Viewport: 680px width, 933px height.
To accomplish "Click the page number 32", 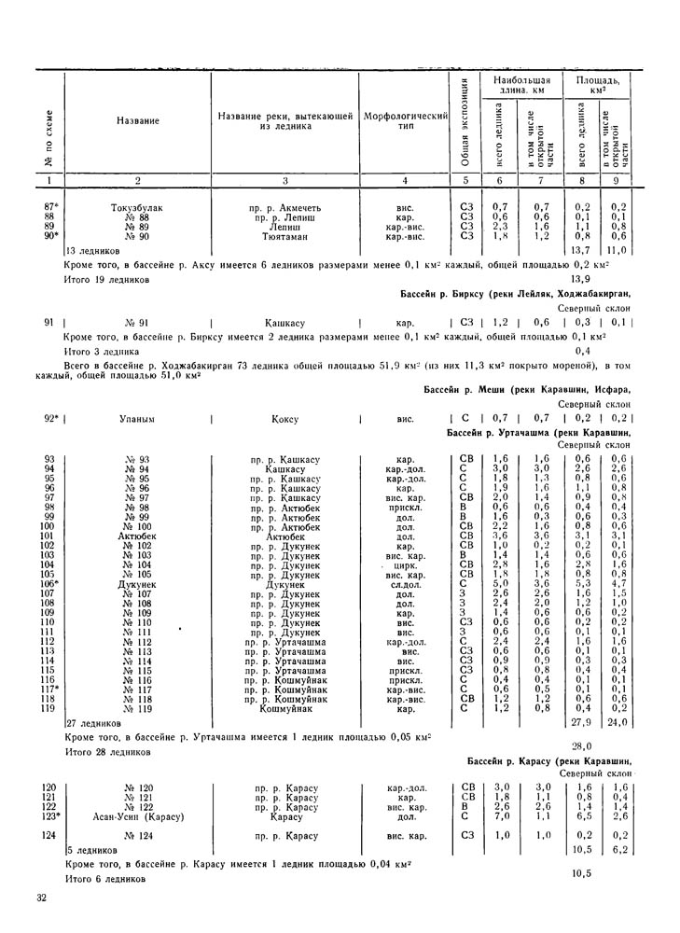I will click(41, 898).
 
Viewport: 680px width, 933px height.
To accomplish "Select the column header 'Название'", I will click(138, 121).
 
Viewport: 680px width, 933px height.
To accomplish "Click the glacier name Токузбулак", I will click(138, 207).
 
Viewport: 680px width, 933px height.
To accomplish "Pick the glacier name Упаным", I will click(138, 420).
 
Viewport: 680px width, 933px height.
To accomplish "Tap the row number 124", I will click(49, 834).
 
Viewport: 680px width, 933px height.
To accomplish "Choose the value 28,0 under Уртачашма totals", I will click(583, 746).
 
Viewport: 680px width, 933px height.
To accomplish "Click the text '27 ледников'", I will click(94, 723).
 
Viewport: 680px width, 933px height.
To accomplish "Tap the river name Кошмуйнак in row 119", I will click(285, 709).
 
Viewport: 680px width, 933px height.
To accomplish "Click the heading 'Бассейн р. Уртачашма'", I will click(504, 435).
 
